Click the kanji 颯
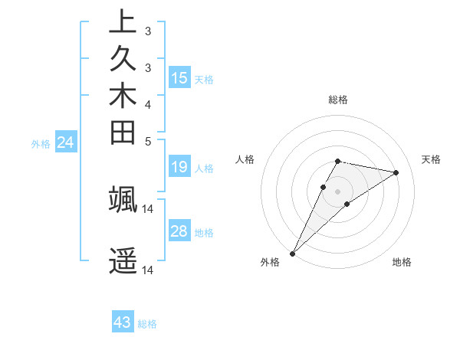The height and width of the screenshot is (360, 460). [x=123, y=198]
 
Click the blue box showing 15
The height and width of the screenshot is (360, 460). [x=179, y=77]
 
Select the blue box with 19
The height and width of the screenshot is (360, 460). [x=179, y=167]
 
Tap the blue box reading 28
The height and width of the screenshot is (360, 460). [x=179, y=231]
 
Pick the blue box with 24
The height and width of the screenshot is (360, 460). [x=65, y=142]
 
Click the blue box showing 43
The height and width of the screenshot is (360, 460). [x=123, y=322]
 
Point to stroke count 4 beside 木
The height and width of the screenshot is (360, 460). [x=147, y=104]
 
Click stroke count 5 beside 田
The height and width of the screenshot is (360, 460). [x=147, y=141]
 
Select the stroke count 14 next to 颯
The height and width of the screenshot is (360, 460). [x=148, y=208]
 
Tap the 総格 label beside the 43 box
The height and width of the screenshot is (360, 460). [x=147, y=324]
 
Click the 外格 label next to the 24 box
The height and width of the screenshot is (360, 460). [x=41, y=143]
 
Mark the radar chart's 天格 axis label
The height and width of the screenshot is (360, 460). [x=432, y=159]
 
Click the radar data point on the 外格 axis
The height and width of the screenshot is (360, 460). [x=292, y=254]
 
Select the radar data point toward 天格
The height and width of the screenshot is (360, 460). [x=396, y=172]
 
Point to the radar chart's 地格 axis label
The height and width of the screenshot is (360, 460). [x=402, y=262]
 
